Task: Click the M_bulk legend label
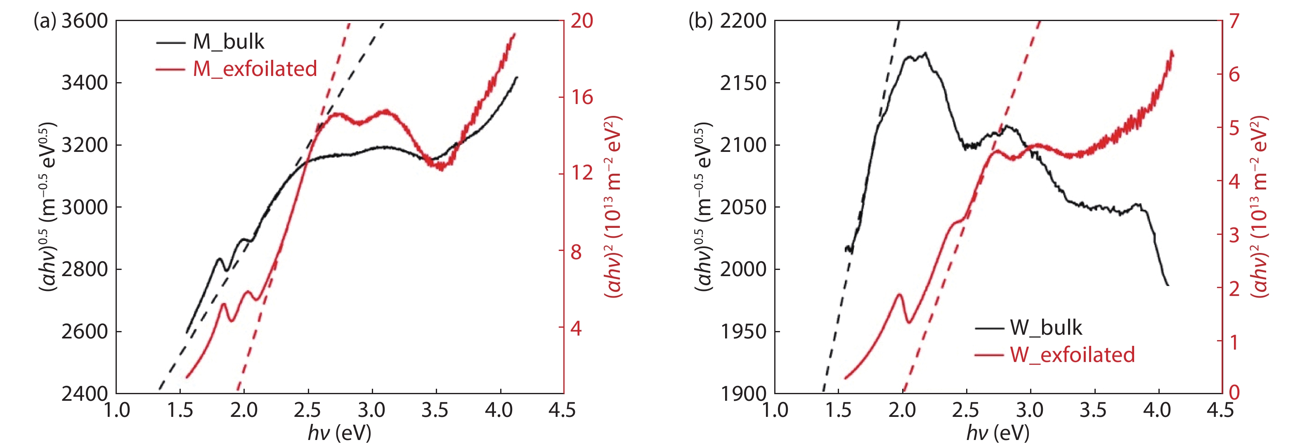[x=228, y=42]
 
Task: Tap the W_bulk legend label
[x=1046, y=328]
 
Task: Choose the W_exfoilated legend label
[x=1072, y=355]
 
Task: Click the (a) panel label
[x=45, y=21]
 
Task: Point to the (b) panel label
[x=700, y=21]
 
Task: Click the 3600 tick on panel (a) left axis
[x=85, y=21]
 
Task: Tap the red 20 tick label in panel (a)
[x=581, y=21]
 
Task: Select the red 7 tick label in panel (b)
[x=1234, y=21]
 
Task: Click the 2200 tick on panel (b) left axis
[x=743, y=21]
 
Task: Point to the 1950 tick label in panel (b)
[x=743, y=331]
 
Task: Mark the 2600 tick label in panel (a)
[x=85, y=331]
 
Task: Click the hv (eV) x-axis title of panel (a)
[x=339, y=433]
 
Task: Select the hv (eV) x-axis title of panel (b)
[x=997, y=433]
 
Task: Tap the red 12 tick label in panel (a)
[x=581, y=173]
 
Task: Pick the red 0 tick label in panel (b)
[x=1234, y=392]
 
